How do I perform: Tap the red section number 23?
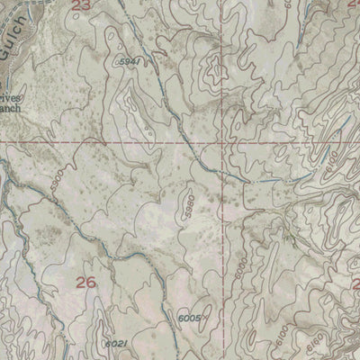[82, 5]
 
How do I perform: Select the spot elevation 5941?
[129, 61]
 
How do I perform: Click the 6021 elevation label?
[115, 344]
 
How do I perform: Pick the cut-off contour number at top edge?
[310, 4]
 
